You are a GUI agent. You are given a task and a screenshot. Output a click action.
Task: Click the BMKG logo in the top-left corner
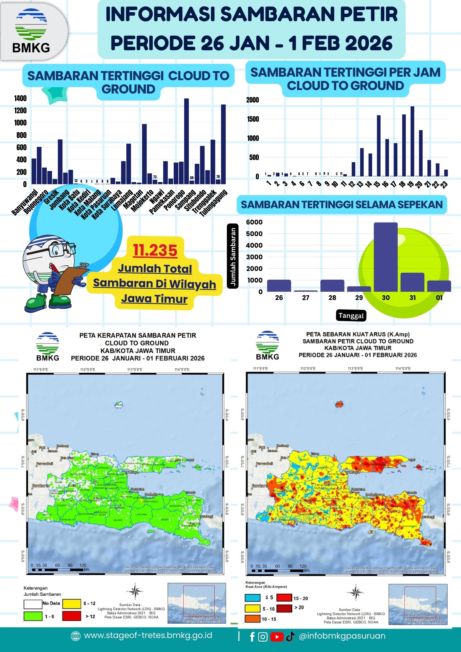click(31, 30)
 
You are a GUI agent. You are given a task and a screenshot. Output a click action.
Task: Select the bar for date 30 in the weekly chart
click(385, 257)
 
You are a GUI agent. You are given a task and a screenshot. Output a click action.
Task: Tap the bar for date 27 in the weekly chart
click(306, 291)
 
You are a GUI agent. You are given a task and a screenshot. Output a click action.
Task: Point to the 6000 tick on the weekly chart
click(254, 222)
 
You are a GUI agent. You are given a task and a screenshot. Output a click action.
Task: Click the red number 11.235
click(155, 250)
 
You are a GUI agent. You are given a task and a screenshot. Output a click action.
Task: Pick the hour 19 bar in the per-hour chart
click(412, 141)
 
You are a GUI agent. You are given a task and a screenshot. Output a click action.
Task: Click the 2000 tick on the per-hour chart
click(252, 100)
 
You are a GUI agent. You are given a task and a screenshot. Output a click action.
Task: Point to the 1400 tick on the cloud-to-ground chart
click(20, 98)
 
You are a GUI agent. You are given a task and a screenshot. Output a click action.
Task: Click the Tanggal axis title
click(351, 316)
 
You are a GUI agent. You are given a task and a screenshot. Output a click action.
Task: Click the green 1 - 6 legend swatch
click(33, 616)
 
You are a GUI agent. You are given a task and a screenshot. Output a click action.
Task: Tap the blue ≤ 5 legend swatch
click(252, 598)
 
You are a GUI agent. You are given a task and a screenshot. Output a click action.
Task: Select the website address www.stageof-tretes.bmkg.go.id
click(148, 635)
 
